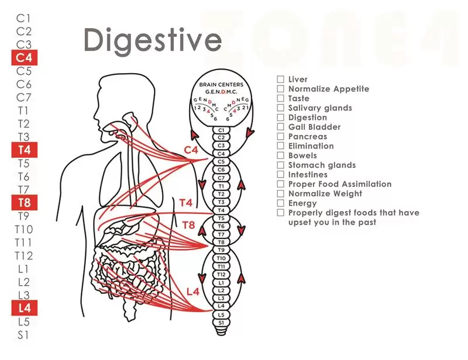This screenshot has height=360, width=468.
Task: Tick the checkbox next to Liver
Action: tap(280, 79)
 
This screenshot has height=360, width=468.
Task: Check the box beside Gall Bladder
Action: tap(280, 127)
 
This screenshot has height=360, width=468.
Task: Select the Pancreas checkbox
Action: tap(280, 136)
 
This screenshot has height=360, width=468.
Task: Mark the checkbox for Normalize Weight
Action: tap(280, 193)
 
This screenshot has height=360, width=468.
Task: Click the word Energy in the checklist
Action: tap(302, 203)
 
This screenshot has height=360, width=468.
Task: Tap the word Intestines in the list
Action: tap(308, 175)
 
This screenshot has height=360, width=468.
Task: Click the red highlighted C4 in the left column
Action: tap(25, 57)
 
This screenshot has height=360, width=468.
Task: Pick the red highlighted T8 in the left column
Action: tap(25, 203)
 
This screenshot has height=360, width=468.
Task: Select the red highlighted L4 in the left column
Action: tap(25, 308)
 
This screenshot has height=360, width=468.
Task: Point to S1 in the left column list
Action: tap(23, 335)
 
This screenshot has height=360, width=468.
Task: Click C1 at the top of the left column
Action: tap(23, 19)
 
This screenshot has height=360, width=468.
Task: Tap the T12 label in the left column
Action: tap(24, 255)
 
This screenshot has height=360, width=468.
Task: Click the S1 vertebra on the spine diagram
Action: tap(221, 323)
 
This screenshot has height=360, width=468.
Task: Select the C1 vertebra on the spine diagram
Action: tap(221, 130)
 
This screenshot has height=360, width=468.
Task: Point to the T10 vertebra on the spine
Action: tap(221, 258)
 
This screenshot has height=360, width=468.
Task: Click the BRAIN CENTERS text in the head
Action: tap(221, 85)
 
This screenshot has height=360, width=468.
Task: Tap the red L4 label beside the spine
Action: tap(193, 292)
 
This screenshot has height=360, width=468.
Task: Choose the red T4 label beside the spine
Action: tap(185, 203)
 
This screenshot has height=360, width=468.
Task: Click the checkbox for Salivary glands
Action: tap(280, 108)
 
